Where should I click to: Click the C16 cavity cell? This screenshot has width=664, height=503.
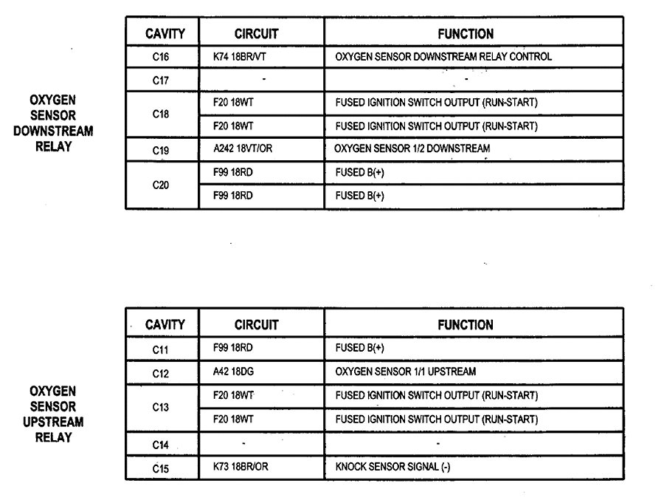click(161, 57)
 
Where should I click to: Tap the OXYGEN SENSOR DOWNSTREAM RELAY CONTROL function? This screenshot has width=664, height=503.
click(443, 57)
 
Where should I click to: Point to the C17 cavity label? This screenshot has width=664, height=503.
click(161, 81)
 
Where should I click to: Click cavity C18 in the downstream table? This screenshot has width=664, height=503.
click(161, 114)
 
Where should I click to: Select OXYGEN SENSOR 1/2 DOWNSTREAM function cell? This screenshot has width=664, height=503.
click(412, 149)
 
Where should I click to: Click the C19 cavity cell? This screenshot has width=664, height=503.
click(161, 150)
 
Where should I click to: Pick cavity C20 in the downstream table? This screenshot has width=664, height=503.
click(161, 185)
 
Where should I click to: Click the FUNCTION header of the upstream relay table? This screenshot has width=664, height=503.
click(466, 324)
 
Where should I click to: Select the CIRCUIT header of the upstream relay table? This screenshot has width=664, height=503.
click(257, 324)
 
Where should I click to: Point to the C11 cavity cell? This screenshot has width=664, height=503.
click(161, 349)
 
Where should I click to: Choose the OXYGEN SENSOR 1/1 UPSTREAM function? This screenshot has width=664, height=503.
click(405, 372)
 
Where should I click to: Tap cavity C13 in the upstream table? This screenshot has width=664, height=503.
click(161, 407)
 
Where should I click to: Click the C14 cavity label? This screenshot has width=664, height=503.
click(161, 445)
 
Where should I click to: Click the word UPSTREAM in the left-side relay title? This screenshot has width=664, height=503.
click(53, 422)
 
